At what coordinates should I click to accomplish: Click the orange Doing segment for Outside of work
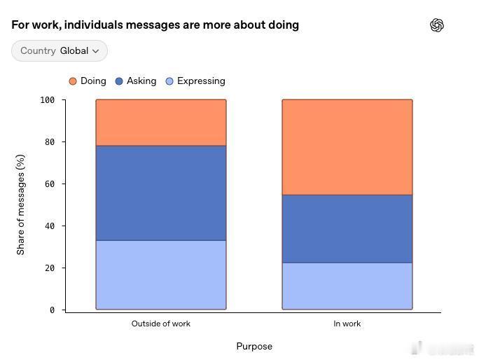(161, 123)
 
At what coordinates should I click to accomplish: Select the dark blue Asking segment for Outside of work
(161, 193)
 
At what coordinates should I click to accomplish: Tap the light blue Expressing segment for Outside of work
(161, 275)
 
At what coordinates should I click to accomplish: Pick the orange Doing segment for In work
(347, 147)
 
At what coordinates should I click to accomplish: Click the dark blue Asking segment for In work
(347, 229)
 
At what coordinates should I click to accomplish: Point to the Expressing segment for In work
(347, 286)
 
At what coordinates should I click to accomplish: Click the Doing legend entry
(88, 81)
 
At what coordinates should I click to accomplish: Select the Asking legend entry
(136, 81)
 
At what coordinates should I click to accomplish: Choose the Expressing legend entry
(195, 81)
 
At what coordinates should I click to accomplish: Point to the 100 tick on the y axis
(48, 100)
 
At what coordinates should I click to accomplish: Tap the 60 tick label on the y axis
(50, 184)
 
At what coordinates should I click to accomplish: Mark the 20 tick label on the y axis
(50, 268)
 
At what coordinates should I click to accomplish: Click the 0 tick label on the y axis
(53, 310)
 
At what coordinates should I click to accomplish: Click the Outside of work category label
(161, 324)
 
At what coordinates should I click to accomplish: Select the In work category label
(347, 324)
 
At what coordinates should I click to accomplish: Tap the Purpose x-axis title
(254, 347)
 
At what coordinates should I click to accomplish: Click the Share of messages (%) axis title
(20, 205)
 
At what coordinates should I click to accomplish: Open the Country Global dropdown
(60, 50)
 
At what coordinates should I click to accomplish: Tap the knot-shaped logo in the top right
(437, 25)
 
